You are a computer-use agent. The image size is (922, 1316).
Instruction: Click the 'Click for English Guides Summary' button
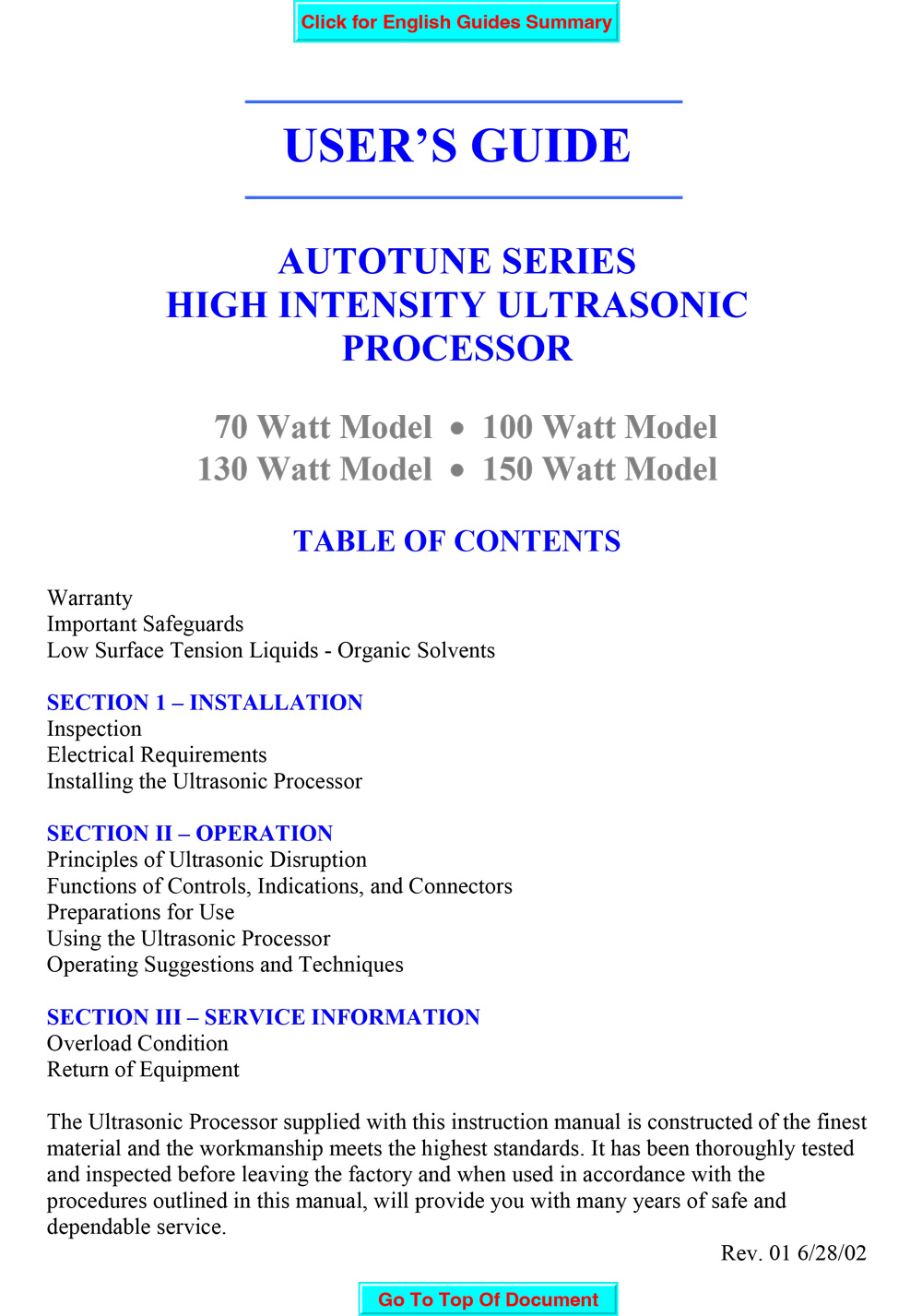pyautogui.click(x=456, y=22)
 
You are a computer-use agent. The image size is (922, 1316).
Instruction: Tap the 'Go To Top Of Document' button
pyautogui.click(x=488, y=1298)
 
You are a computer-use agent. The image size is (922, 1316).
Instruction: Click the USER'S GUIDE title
pyautogui.click(x=457, y=146)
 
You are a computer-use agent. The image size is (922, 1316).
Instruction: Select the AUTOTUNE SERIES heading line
pyautogui.click(x=457, y=261)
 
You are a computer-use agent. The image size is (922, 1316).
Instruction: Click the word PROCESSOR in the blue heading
pyautogui.click(x=457, y=349)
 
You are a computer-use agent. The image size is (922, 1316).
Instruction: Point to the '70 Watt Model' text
pyautogui.click(x=323, y=427)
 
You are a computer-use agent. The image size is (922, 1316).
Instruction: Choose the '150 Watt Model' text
pyautogui.click(x=599, y=469)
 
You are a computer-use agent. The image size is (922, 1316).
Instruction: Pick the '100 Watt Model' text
pyautogui.click(x=599, y=427)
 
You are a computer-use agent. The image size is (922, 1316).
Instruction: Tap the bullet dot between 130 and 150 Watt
pyautogui.click(x=457, y=470)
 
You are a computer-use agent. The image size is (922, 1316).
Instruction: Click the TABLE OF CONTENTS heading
pyautogui.click(x=457, y=541)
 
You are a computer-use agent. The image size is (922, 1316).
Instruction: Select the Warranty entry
pyautogui.click(x=89, y=599)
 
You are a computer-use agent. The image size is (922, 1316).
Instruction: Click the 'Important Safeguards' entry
pyautogui.click(x=145, y=624)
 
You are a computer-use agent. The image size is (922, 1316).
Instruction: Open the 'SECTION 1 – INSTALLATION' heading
pyautogui.click(x=205, y=703)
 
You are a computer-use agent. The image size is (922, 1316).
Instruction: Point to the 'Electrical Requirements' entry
pyautogui.click(x=157, y=755)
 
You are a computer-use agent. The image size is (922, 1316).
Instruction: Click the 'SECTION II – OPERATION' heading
pyautogui.click(x=190, y=834)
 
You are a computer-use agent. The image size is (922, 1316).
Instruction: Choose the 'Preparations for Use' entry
pyautogui.click(x=140, y=912)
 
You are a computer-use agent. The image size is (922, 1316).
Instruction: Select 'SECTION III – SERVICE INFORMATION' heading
pyautogui.click(x=263, y=1017)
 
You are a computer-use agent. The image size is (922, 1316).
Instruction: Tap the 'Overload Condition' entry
pyautogui.click(x=137, y=1044)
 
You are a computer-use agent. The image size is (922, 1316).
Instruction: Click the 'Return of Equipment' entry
pyautogui.click(x=143, y=1070)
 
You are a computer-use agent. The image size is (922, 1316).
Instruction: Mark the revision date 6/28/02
pyautogui.click(x=832, y=1253)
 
